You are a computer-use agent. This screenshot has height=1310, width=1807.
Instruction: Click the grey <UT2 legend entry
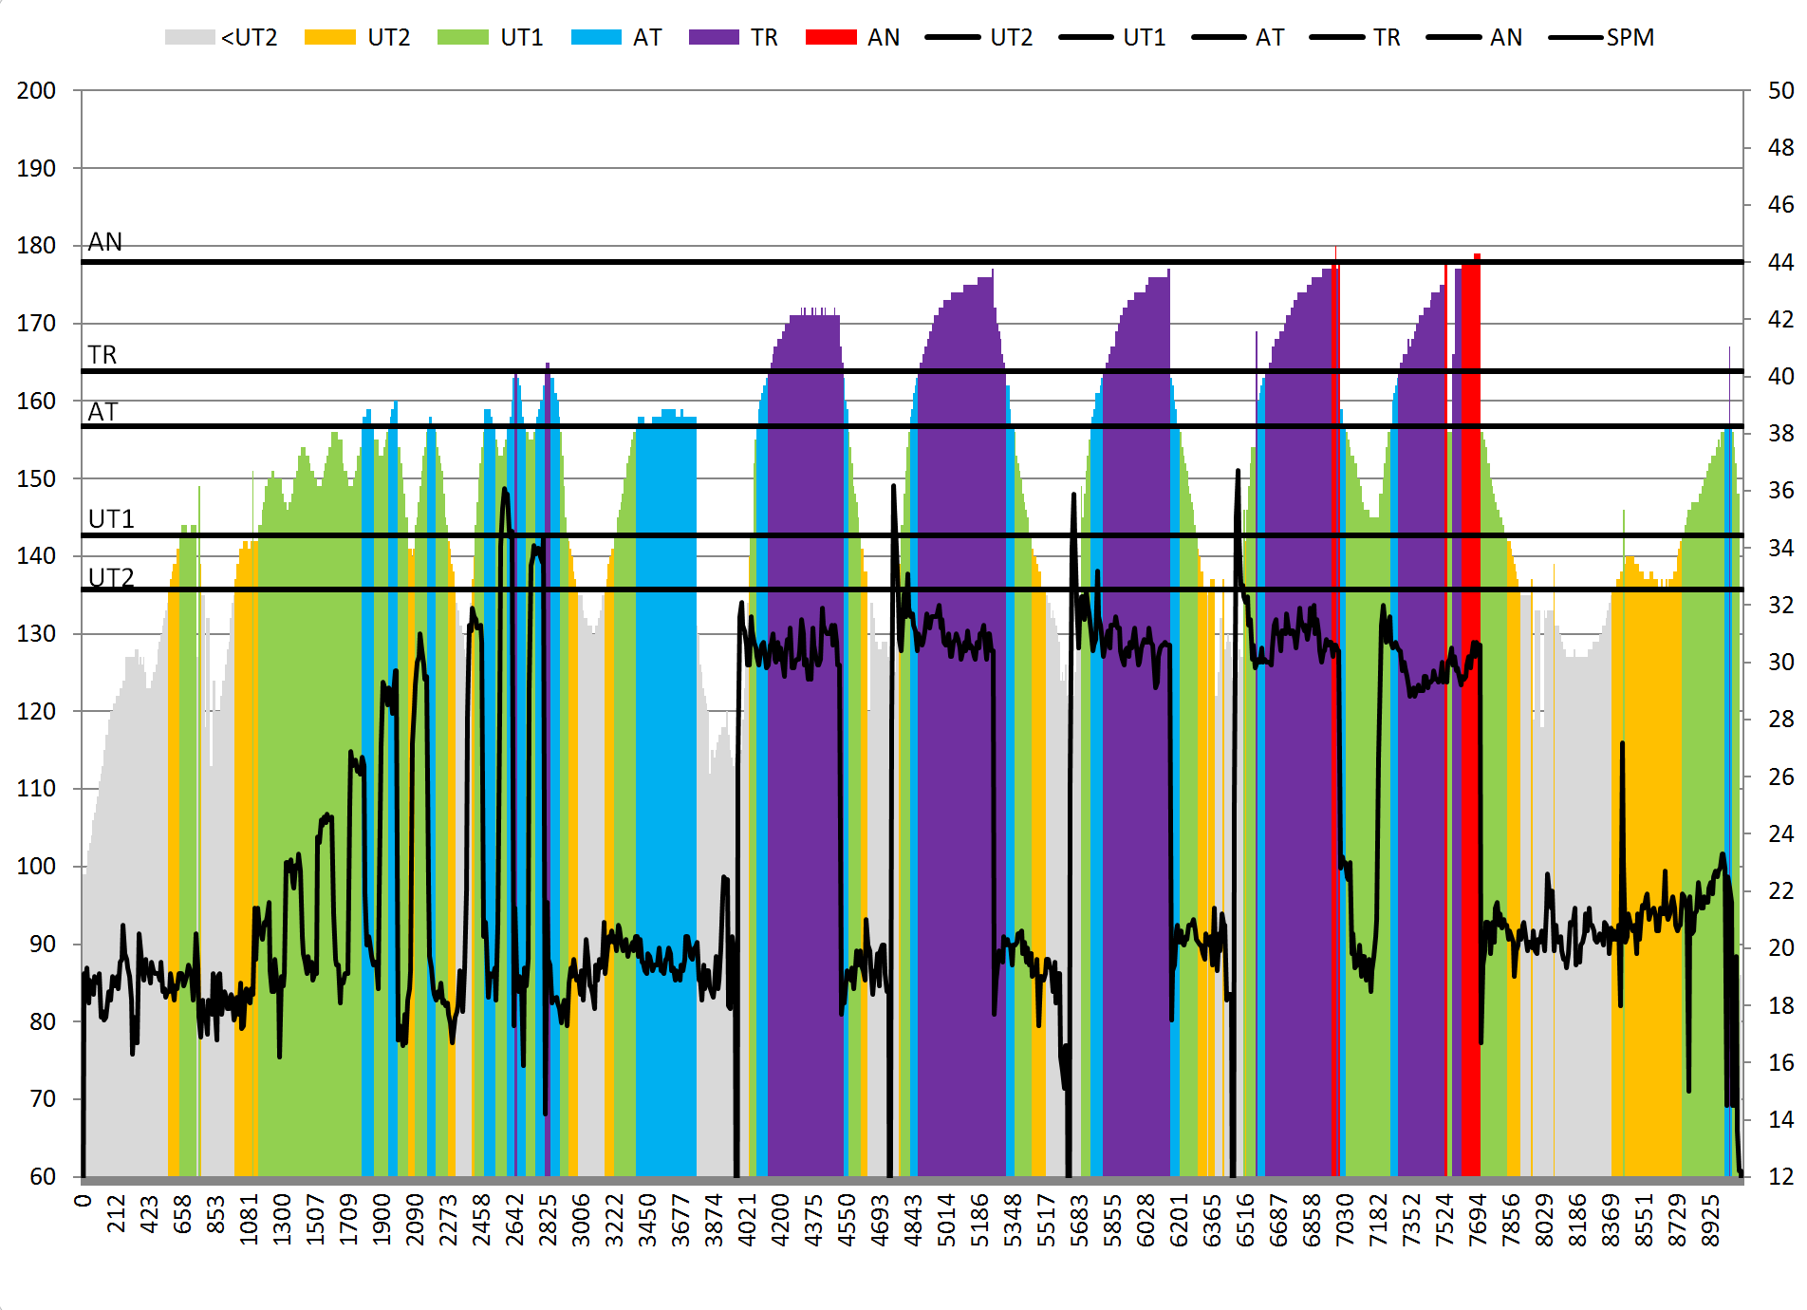tap(221, 38)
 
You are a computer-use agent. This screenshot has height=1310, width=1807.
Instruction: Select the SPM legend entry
tap(1602, 38)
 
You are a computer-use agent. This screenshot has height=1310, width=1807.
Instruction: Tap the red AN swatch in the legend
tap(830, 38)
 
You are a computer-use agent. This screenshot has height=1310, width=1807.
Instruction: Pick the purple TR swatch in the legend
tap(714, 38)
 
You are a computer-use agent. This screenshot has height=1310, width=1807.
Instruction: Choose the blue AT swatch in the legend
tap(596, 38)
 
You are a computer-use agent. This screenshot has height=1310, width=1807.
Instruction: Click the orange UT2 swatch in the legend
tap(329, 38)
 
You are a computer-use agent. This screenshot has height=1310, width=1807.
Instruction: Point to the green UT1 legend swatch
tap(462, 38)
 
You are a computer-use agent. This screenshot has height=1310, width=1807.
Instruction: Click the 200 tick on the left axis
tap(36, 91)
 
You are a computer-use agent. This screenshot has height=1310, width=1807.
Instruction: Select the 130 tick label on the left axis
tap(36, 634)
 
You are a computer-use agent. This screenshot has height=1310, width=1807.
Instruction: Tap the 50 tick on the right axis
tap(1780, 91)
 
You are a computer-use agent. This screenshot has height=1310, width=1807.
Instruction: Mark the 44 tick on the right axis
tap(1780, 262)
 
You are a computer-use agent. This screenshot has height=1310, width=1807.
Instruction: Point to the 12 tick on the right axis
tap(1780, 1176)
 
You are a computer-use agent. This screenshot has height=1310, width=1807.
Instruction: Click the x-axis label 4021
tap(748, 1214)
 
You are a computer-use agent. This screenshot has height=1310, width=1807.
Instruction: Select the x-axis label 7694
tap(1478, 1214)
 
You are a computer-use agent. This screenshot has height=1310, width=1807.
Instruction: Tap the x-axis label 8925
tap(1710, 1214)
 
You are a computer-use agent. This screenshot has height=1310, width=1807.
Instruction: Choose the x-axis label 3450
tap(648, 1214)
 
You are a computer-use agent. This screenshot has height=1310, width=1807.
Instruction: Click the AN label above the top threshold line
tap(104, 243)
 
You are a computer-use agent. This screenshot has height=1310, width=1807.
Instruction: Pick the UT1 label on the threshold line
tap(111, 519)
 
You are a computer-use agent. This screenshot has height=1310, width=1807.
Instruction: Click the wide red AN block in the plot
tap(1470, 721)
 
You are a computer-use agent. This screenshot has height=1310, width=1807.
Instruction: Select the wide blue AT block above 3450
tap(666, 797)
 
